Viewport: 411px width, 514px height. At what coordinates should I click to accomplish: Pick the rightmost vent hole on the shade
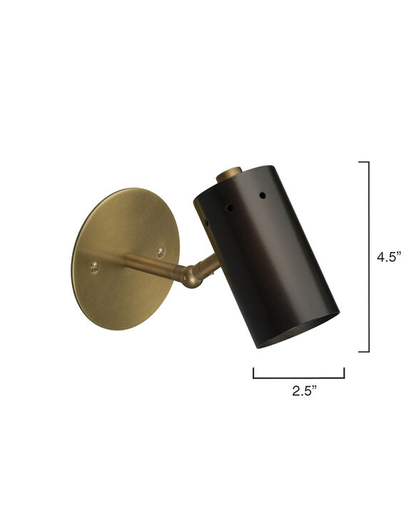tap(261, 194)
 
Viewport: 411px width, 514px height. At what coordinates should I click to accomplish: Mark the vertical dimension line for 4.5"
tap(369, 257)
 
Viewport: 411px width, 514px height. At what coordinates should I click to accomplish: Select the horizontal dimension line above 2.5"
tap(299, 377)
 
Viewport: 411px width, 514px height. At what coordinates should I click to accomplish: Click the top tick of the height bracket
tap(363, 162)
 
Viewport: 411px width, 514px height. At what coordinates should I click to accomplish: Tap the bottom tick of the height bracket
tap(363, 351)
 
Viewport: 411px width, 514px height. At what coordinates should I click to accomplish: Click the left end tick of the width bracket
tap(253, 372)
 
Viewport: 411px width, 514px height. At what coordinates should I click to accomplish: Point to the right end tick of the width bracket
tap(345, 372)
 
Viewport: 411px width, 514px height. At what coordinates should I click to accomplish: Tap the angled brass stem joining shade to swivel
tap(209, 265)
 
